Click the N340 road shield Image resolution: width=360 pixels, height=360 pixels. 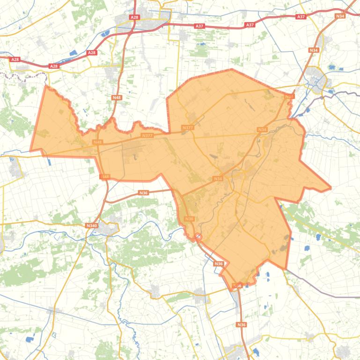click(91, 225)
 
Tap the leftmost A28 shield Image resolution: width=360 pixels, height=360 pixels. click(15, 59)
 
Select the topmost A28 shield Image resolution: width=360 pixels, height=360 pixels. click(134, 17)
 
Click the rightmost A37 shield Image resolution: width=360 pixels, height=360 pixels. click(301, 17)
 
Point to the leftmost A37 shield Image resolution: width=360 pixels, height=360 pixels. click(199, 26)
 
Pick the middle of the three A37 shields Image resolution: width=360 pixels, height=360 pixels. click(250, 24)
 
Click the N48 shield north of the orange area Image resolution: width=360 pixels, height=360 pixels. click(117, 97)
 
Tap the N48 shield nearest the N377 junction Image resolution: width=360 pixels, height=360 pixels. click(97, 142)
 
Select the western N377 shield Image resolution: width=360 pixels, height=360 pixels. click(147, 136)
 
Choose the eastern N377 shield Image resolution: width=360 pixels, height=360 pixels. click(188, 127)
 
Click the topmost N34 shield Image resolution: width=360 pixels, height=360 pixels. click(340, 16)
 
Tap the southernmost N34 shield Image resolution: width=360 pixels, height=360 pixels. click(218, 179)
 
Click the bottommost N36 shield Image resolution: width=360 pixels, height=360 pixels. click(241, 324)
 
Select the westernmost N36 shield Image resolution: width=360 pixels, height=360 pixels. click(143, 193)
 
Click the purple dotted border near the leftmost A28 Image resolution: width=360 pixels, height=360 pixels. click(23, 74)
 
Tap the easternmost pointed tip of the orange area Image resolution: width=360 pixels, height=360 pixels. click(331, 188)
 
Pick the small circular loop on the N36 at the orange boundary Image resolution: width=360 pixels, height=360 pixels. click(198, 237)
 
